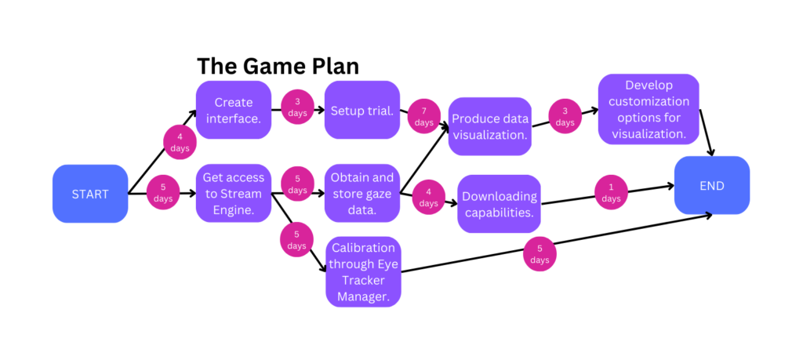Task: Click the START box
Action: tap(90, 193)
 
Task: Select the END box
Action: tap(712, 186)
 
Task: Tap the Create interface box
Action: tap(233, 110)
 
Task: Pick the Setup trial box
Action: tap(362, 110)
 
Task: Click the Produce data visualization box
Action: tap(490, 126)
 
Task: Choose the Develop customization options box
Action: tap(648, 109)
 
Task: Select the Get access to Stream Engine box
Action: tap(233, 193)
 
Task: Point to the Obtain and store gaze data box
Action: tap(362, 193)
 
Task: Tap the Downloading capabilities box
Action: tap(499, 204)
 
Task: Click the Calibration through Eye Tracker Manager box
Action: tap(363, 271)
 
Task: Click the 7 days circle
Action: tap(424, 118)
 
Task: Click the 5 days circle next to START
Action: tap(163, 193)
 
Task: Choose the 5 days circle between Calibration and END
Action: tap(540, 254)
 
